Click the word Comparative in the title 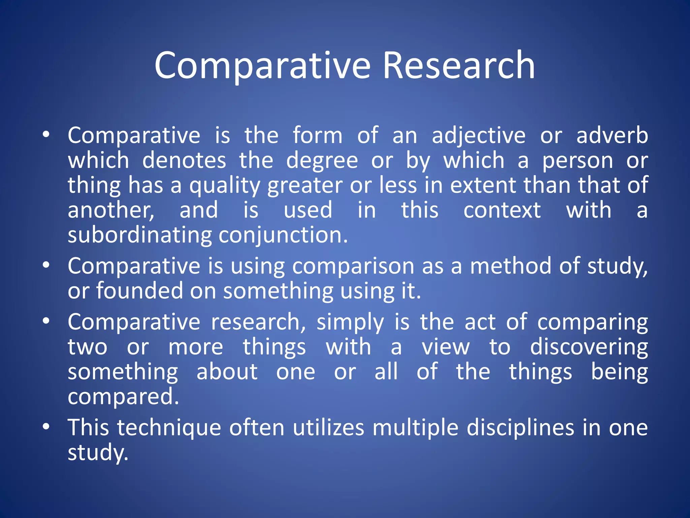[x=262, y=66]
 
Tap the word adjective [x=478, y=136]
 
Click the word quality [x=225, y=186]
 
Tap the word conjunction [x=283, y=235]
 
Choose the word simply [x=350, y=322]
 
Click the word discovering [x=589, y=347]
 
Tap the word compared [x=123, y=397]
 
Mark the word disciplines [x=520, y=428]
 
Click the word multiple [x=415, y=428]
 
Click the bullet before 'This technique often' [x=46, y=427]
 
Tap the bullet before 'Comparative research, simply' [x=46, y=321]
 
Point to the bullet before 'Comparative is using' [x=46, y=265]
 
